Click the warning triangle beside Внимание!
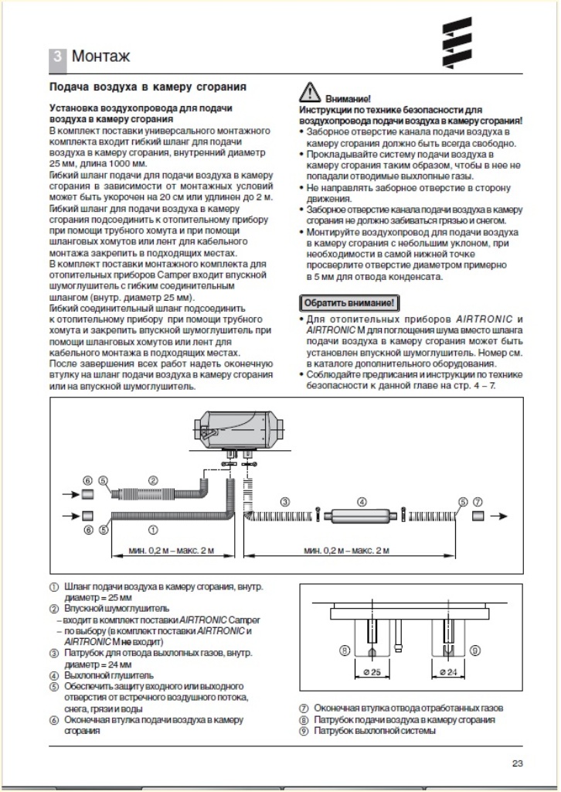coord(309,92)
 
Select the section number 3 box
coord(58,56)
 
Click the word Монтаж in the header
coord(100,56)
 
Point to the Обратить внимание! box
coord(348,302)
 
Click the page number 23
coord(518,764)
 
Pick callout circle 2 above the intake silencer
coord(153,480)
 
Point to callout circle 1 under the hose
coord(153,530)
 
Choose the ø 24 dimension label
coord(445,671)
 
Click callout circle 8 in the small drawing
coord(344,650)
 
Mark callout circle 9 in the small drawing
coord(474,650)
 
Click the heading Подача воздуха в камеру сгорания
coord(148,87)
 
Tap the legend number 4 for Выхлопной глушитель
coord(53,675)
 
